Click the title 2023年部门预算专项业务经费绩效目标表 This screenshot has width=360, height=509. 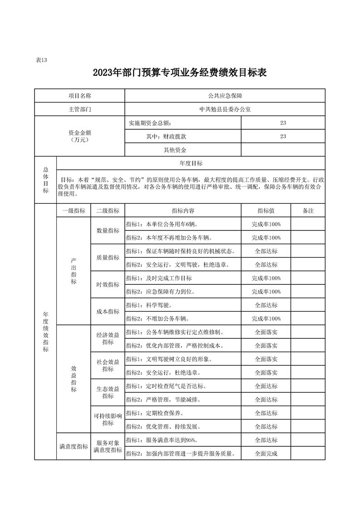pyautogui.click(x=179, y=73)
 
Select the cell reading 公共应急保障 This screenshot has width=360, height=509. pyautogui.click(x=225, y=96)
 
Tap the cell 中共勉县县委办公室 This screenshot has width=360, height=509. pyautogui.click(x=225, y=109)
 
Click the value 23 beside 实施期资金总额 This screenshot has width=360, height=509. pyautogui.click(x=283, y=123)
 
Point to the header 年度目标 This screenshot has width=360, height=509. pyautogui.click(x=191, y=163)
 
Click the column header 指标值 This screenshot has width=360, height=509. pyautogui.click(x=266, y=211)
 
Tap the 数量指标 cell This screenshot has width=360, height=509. pyautogui.click(x=108, y=230)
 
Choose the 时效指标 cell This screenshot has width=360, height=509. pyautogui.click(x=108, y=284)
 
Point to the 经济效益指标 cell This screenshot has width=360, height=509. pyautogui.click(x=108, y=338)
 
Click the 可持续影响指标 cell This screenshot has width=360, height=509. pyautogui.click(x=108, y=420)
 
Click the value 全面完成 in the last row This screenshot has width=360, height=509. pyautogui.click(x=266, y=454)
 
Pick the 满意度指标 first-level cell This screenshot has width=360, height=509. pyautogui.click(x=74, y=447)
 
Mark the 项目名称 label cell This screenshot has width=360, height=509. pyautogui.click(x=79, y=96)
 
